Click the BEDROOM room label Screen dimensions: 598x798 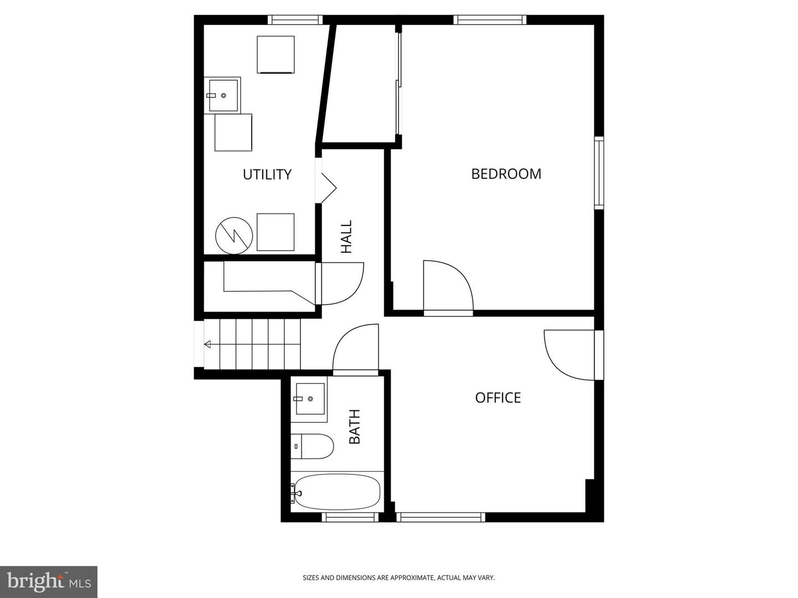[506, 174]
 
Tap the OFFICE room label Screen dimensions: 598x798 [498, 398]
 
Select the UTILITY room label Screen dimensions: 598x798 [267, 174]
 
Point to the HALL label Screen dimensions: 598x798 [346, 237]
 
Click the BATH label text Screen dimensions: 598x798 [355, 426]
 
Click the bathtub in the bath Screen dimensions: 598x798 [337, 492]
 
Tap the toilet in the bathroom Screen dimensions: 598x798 [313, 446]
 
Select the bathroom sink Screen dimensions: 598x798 [309, 398]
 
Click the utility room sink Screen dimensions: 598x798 [222, 95]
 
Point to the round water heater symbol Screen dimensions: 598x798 [234, 235]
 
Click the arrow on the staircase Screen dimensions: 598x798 [208, 344]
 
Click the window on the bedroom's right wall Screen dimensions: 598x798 [598, 172]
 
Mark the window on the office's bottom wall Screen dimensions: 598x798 [441, 517]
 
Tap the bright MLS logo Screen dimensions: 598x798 [49, 581]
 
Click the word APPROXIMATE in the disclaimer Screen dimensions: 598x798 [412, 578]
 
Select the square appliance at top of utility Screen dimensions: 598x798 [275, 54]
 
